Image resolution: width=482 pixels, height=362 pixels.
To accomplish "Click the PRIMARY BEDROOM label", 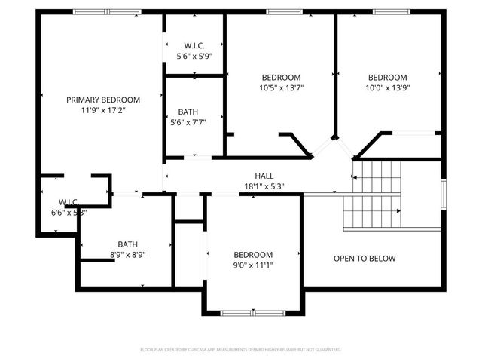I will pyautogui.click(x=103, y=100).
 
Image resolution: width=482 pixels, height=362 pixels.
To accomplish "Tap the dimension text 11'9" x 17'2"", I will pyautogui.click(x=103, y=110).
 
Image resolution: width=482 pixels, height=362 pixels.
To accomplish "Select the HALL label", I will pyautogui.click(x=264, y=175).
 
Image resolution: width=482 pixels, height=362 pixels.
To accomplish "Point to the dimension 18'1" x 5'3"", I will pyautogui.click(x=264, y=186).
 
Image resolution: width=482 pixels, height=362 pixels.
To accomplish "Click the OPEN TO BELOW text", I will pyautogui.click(x=365, y=259).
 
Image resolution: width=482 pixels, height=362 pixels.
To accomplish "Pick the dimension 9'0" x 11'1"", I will pyautogui.click(x=253, y=265).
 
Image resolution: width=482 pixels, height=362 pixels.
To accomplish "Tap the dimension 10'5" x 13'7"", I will pyautogui.click(x=282, y=87).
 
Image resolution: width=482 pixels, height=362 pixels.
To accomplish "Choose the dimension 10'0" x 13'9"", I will pyautogui.click(x=388, y=87).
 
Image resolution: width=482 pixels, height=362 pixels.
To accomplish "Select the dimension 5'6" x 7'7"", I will pyautogui.click(x=194, y=122).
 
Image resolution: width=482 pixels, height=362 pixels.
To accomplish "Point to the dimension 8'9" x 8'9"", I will pyautogui.click(x=127, y=255).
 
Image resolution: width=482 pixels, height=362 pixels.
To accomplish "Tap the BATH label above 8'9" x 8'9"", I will pyautogui.click(x=127, y=244).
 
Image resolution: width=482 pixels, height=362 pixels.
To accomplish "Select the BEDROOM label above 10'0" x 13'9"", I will pyautogui.click(x=388, y=77).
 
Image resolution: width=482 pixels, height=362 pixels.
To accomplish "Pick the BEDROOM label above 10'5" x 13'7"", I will pyautogui.click(x=282, y=77).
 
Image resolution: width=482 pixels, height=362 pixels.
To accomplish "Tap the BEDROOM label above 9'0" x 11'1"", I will pyautogui.click(x=253, y=254).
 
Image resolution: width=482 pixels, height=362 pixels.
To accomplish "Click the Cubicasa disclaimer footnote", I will pyautogui.click(x=241, y=350).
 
